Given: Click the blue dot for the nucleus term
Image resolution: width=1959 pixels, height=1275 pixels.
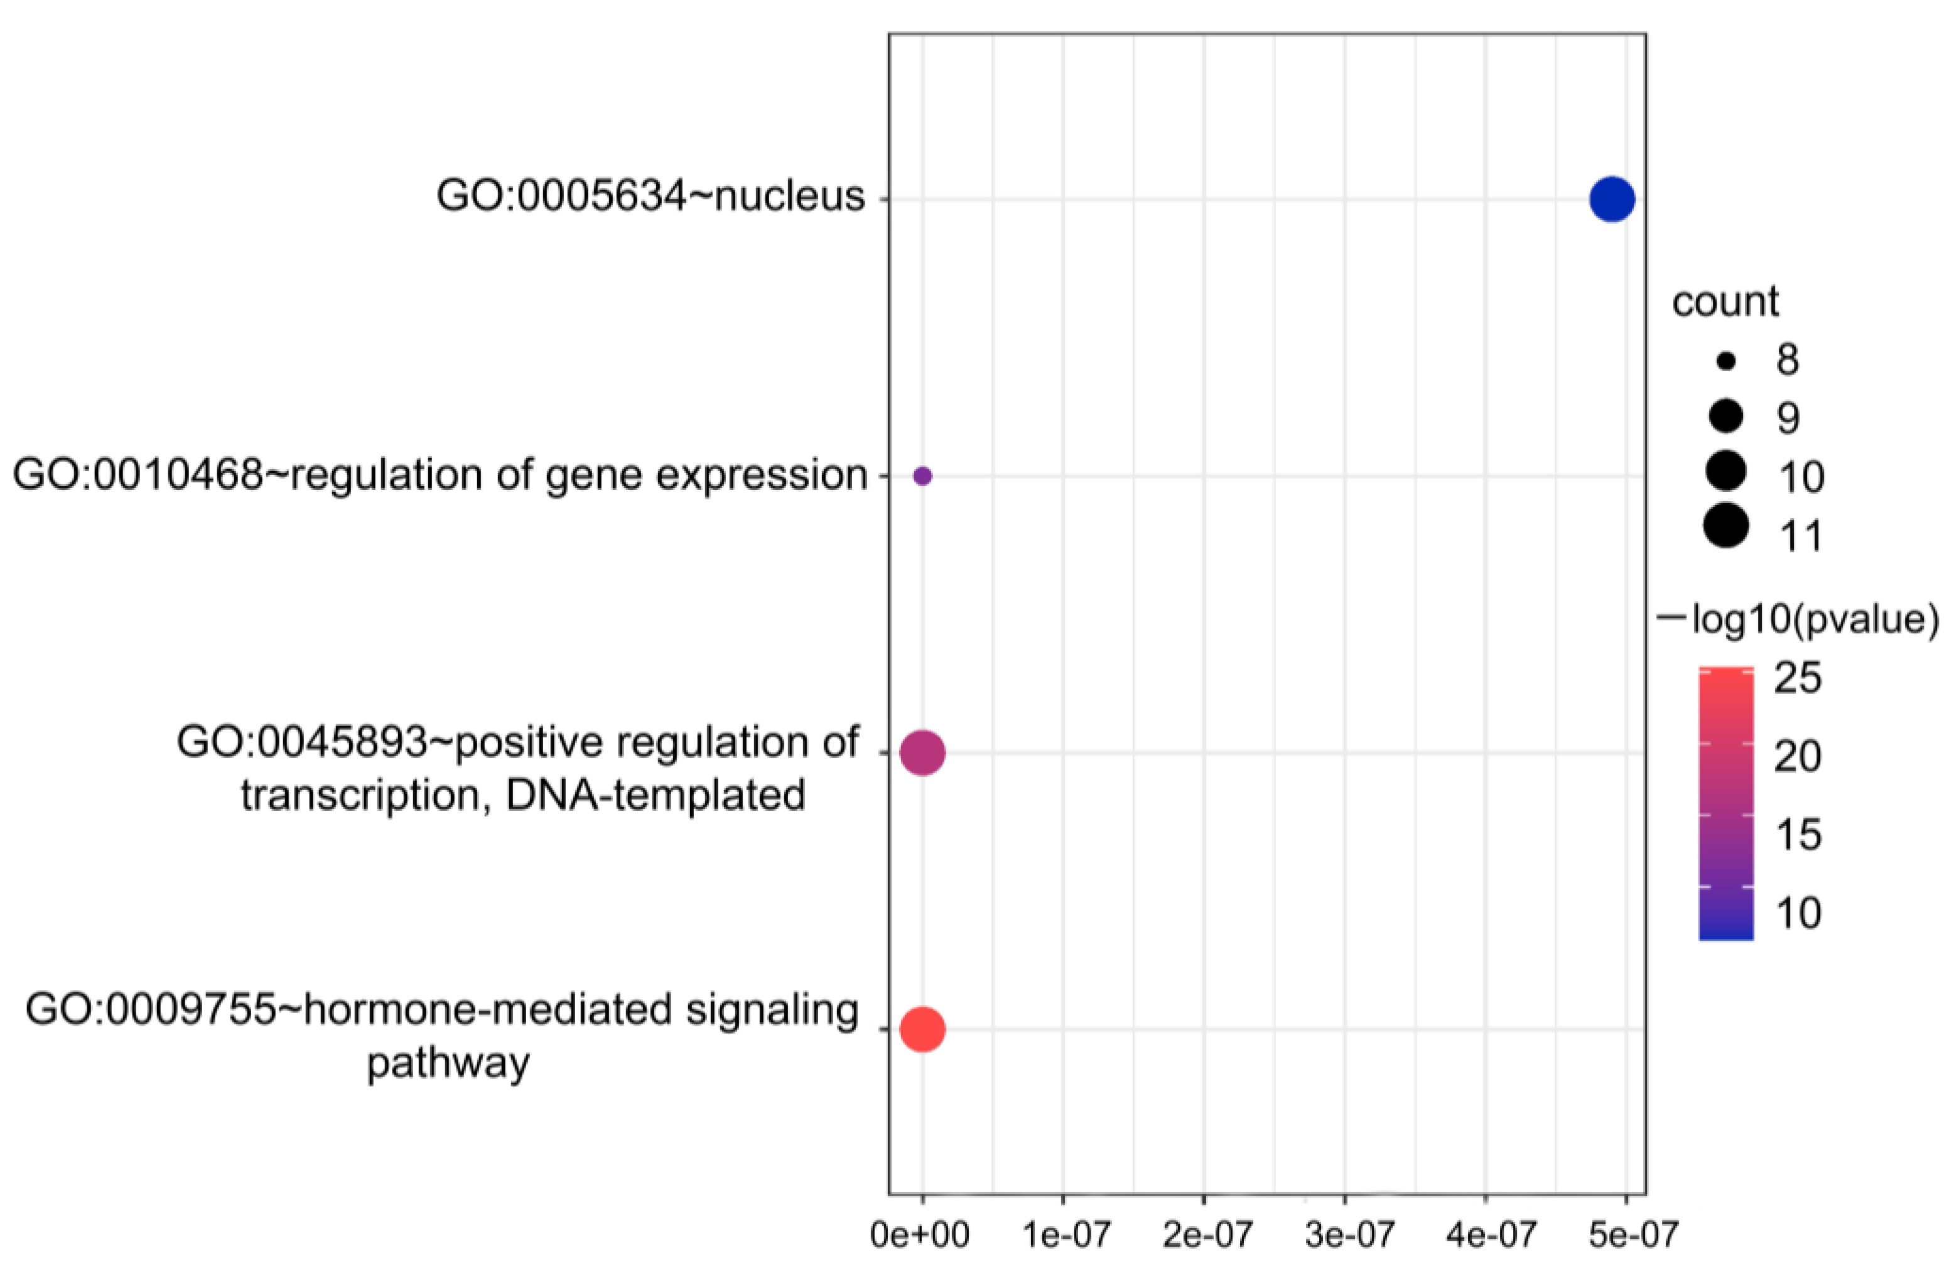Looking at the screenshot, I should (1611, 199).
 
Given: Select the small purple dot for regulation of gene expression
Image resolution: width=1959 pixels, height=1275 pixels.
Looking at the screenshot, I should (923, 475).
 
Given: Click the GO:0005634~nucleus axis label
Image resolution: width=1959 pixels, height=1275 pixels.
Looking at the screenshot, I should (650, 197).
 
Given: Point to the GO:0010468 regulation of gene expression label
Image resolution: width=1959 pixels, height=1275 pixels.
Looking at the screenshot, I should (440, 475).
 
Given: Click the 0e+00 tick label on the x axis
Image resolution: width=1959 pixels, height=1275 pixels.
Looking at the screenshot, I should (920, 1235).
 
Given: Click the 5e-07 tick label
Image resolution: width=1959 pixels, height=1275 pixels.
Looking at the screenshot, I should (1627, 1235).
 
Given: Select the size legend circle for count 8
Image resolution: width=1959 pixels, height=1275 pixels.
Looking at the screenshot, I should (1726, 361).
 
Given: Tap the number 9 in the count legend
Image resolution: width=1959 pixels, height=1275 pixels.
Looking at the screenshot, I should (1788, 419).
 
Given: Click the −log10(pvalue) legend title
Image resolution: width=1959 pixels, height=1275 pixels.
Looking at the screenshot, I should (1798, 619).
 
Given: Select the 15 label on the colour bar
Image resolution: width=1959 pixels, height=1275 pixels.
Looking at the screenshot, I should (1797, 835).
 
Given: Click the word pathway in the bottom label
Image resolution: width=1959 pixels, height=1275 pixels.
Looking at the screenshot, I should (448, 1063).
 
